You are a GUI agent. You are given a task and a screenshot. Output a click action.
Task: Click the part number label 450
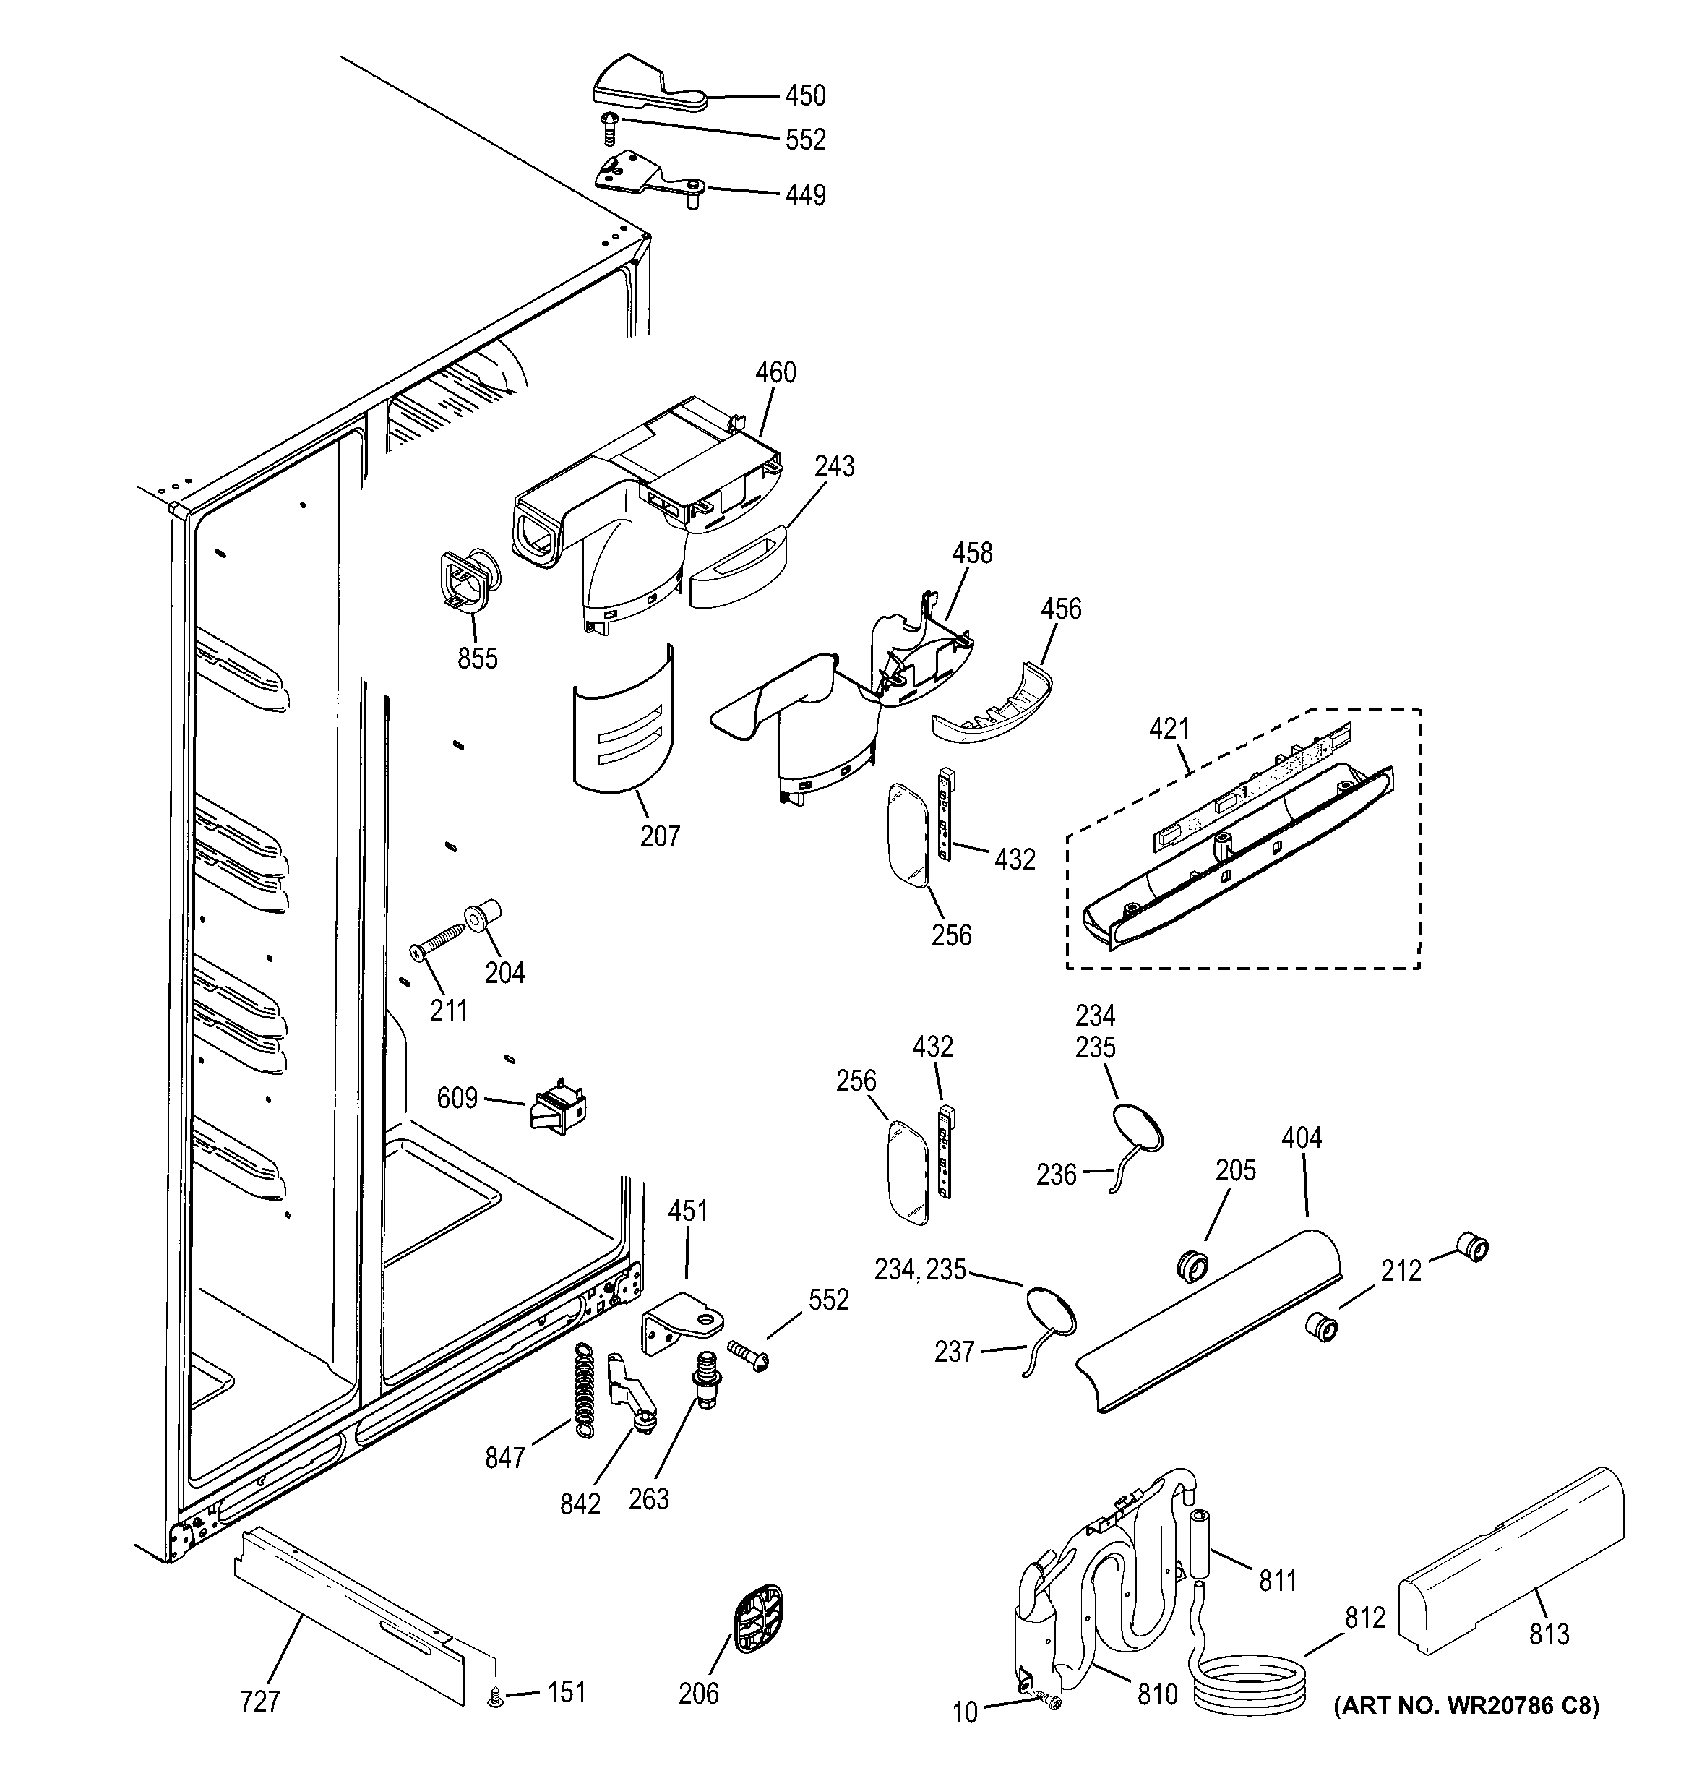pyautogui.click(x=804, y=95)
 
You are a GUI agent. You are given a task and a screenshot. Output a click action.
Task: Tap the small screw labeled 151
pyautogui.click(x=494, y=1698)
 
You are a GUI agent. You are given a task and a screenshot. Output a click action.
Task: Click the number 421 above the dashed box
pyautogui.click(x=1169, y=729)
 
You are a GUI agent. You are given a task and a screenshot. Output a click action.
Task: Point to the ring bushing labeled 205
pyautogui.click(x=1192, y=1264)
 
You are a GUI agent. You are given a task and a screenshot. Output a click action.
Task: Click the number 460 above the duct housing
pyautogui.click(x=775, y=372)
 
